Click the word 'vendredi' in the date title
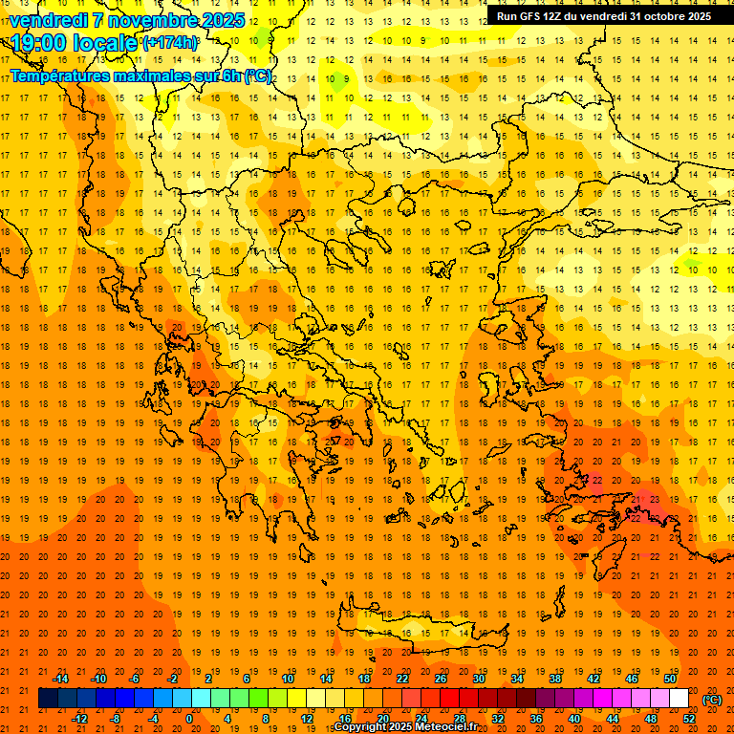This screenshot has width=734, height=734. [47, 20]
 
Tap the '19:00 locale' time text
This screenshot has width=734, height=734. [75, 43]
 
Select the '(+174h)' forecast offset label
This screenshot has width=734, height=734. [170, 43]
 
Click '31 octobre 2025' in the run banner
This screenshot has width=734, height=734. [670, 16]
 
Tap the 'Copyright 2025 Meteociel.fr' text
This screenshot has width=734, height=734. [405, 727]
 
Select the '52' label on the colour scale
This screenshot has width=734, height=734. [689, 719]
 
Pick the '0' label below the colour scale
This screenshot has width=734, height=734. [189, 719]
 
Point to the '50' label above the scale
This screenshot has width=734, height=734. [670, 679]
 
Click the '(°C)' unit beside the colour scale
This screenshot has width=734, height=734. [712, 700]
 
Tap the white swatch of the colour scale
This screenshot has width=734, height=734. [680, 699]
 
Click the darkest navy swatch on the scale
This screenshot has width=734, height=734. [48, 699]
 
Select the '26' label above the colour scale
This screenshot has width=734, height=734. [441, 679]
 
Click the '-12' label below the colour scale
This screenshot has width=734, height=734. [79, 719]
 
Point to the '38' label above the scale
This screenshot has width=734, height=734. [555, 679]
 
